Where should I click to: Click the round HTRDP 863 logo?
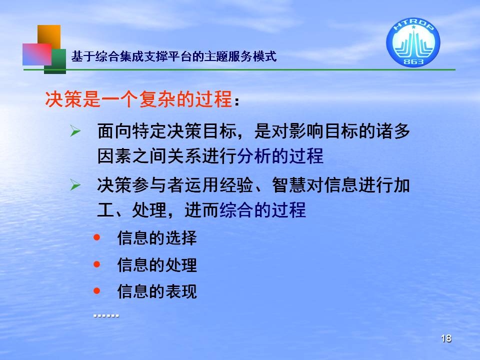coord(413,42)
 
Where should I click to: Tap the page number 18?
coord(446,338)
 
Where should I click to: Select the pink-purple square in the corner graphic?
coord(36,54)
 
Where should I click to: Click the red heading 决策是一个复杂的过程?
coord(138,99)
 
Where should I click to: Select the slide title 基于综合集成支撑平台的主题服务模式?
coord(174,56)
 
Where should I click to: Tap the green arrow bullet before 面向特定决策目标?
coord(75,131)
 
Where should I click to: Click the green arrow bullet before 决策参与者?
coord(75,185)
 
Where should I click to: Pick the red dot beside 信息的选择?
coord(96,237)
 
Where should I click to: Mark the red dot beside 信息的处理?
coord(96,264)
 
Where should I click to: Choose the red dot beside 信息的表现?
coord(96,290)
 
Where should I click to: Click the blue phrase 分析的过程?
coord(280,156)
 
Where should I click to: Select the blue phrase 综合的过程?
coord(262,210)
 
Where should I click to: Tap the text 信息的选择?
coord(157,238)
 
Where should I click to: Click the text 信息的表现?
coord(157,291)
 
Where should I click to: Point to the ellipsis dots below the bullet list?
coord(106,315)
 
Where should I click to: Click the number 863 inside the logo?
coord(413,61)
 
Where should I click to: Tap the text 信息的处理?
coord(157,265)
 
